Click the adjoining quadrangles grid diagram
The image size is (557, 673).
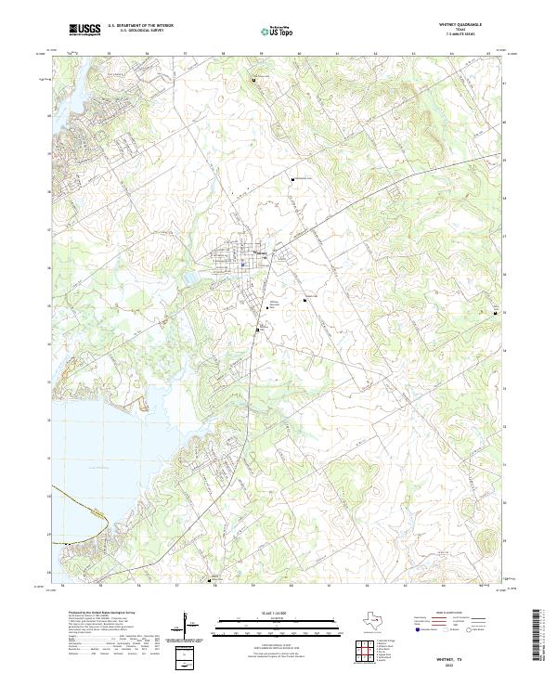(x=361, y=653)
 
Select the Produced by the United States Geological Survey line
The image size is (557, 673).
(x=99, y=614)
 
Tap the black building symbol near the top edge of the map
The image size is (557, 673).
(x=255, y=81)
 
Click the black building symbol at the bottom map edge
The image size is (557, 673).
(x=208, y=582)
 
